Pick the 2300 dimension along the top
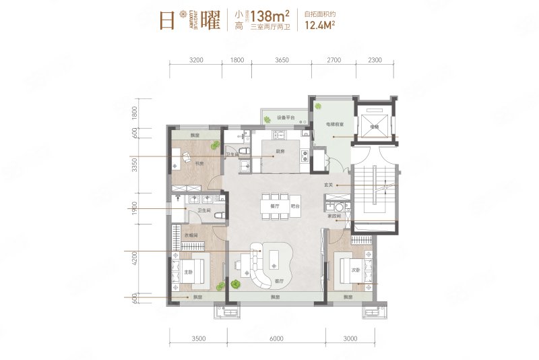[x=375, y=60]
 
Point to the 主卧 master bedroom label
[x=189, y=272]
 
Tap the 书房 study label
[x=200, y=162]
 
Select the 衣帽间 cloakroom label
[x=191, y=234]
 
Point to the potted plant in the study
[x=214, y=144]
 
